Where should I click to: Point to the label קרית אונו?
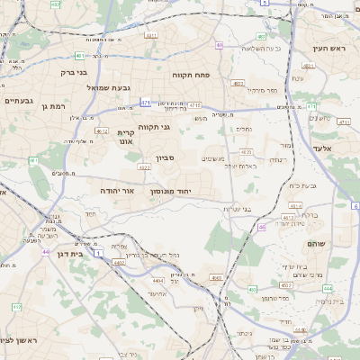click(126, 137)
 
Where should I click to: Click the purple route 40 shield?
click(219, 44)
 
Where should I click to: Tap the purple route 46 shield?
click(261, 228)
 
